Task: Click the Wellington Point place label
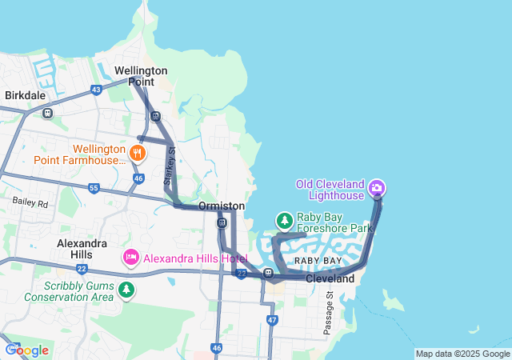pos(141,76)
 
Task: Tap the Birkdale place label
pos(25,95)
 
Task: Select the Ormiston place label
pos(222,206)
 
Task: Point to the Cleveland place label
pos(330,278)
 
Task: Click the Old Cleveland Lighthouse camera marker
pos(377,189)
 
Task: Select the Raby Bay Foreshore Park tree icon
pos(284,219)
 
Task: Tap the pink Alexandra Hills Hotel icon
pos(130,258)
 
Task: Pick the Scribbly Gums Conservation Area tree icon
pos(126,290)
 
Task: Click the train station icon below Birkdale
pos(48,113)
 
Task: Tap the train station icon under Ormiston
pos(222,223)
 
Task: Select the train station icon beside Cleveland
pos(269,274)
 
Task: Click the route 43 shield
pos(96,89)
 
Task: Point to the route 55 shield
pos(94,188)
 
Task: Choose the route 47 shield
pos(272,320)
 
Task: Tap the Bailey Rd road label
pos(30,204)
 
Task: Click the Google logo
pos(26,350)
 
